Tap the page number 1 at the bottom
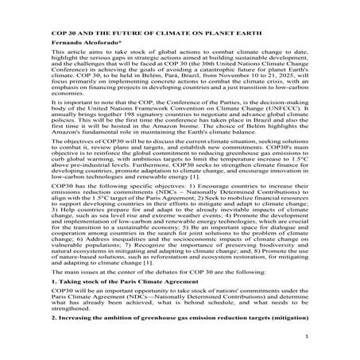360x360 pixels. pyautogui.click(x=327, y=336)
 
